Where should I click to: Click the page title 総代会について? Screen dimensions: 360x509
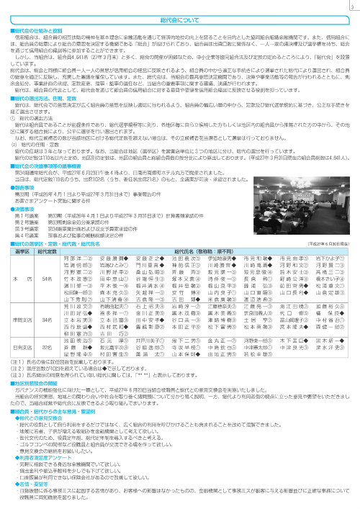(180, 20)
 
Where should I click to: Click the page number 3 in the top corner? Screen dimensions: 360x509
(351, 6)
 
